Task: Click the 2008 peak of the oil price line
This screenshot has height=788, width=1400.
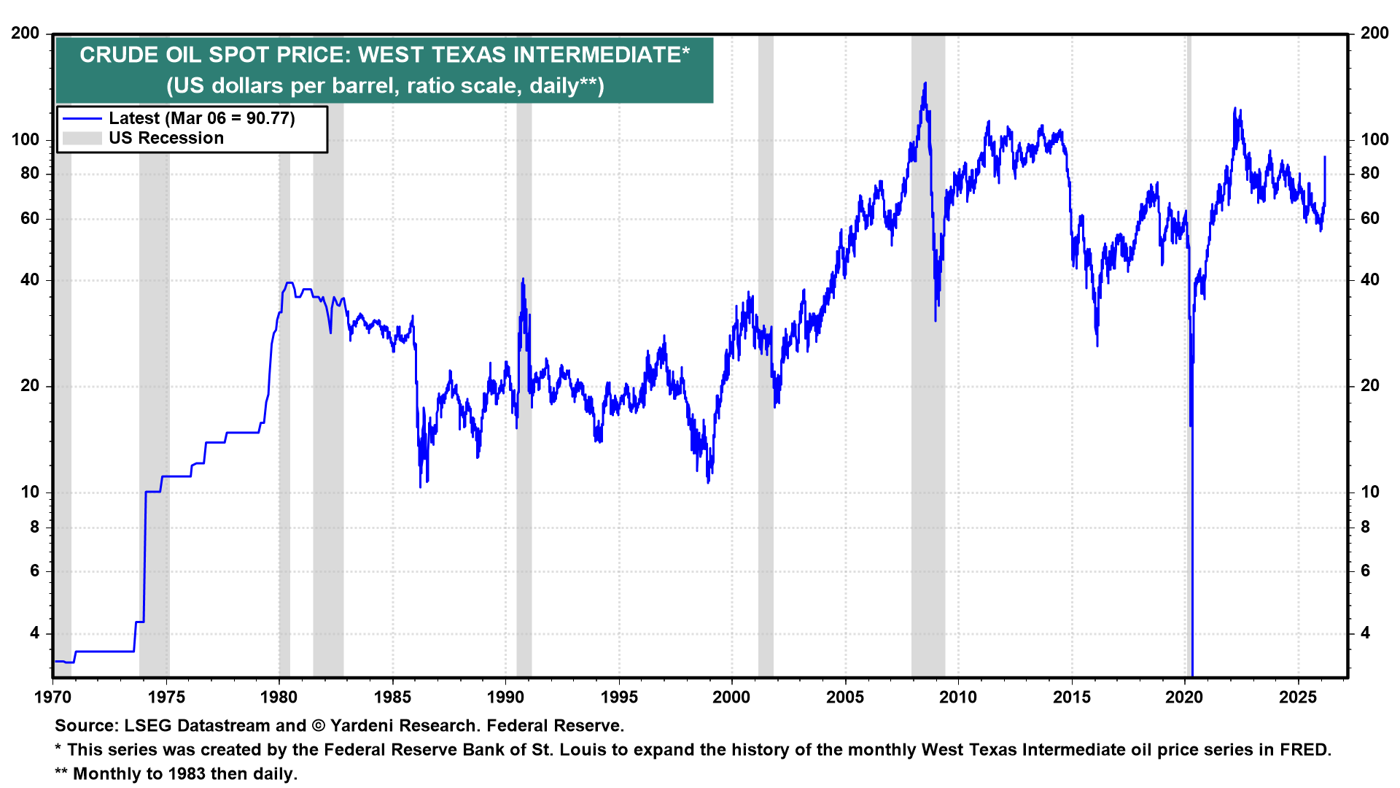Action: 925,84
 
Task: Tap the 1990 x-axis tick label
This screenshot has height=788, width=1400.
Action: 505,698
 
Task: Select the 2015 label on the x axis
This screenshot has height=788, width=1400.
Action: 1072,698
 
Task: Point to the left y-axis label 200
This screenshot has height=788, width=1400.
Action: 26,34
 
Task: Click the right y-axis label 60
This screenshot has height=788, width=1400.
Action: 1370,219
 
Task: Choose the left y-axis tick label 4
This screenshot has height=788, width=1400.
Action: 34,633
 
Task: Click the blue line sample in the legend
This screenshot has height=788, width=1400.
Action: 82,118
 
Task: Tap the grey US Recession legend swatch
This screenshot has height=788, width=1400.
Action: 82,139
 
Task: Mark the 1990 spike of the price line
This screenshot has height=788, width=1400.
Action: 523,279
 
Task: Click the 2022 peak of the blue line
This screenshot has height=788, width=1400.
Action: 1234,109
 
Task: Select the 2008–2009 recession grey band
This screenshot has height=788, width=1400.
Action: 928,438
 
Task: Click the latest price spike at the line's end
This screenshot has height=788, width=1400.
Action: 1325,157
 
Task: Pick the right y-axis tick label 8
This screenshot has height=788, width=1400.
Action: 1365,527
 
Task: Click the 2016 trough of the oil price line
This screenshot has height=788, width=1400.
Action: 1097,344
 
